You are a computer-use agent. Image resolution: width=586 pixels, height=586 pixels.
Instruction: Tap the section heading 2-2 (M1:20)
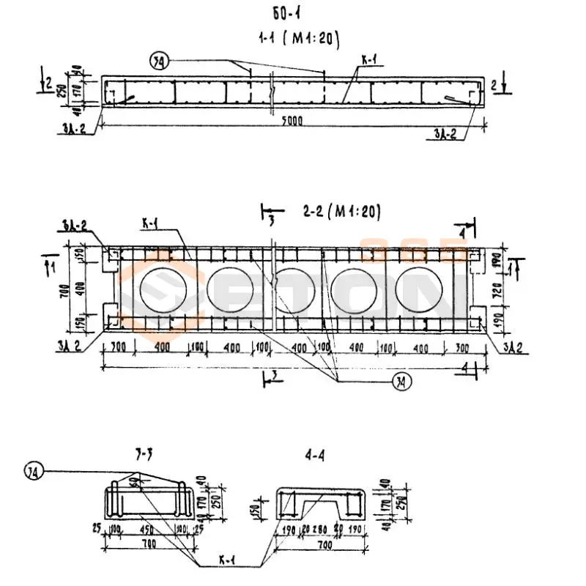pos(341,212)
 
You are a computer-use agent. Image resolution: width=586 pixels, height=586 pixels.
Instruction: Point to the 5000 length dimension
pos(292,119)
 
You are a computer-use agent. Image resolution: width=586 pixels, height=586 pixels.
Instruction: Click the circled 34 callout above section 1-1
pos(157,63)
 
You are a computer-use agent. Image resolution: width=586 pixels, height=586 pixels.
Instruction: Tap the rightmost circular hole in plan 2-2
pos(420,290)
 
